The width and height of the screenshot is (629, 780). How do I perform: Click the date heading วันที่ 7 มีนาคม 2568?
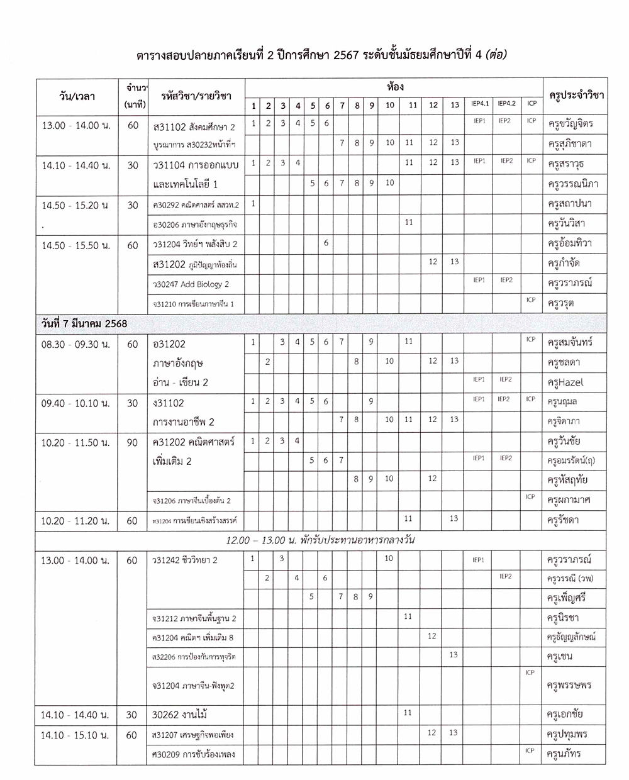coord(81,324)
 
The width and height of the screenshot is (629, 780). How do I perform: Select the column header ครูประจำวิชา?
coord(576,96)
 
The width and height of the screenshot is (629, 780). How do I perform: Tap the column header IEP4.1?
coord(480,104)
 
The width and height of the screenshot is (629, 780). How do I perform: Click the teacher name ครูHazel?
coord(562,382)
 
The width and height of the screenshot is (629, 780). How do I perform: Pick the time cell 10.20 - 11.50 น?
coord(75,443)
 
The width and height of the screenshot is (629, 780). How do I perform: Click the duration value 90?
coord(132,443)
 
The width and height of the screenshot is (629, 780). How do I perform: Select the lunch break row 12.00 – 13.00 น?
coord(321,540)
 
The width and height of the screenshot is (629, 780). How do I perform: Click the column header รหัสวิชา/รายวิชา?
coord(196,96)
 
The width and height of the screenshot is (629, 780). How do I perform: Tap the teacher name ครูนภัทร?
coord(564,754)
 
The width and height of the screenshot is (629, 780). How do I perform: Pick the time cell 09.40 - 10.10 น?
coord(75,403)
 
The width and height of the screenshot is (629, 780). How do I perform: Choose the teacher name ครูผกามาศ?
coord(569,500)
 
